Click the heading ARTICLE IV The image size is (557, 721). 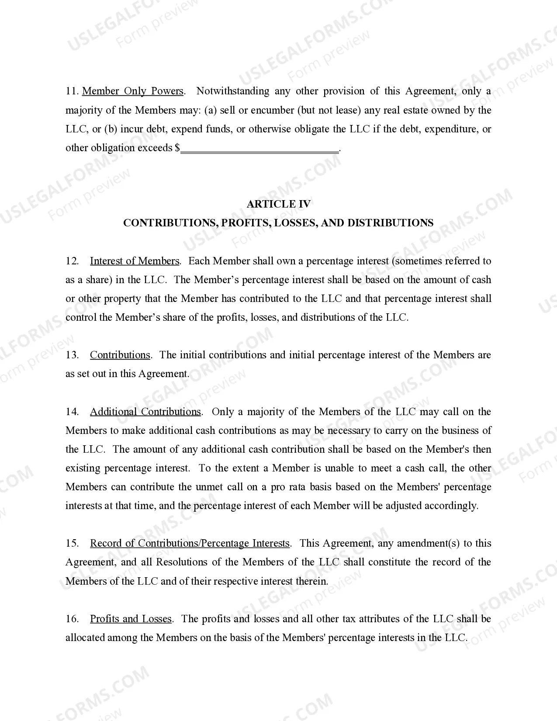(x=278, y=204)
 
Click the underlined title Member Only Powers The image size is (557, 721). (x=133, y=91)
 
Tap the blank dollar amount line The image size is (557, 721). (x=259, y=149)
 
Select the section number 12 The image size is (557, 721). (x=72, y=261)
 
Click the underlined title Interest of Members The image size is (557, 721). (x=135, y=261)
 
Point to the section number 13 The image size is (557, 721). (x=72, y=355)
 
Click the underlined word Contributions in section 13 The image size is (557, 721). (x=120, y=355)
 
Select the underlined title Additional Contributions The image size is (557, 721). (x=145, y=412)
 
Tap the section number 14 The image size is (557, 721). (x=72, y=412)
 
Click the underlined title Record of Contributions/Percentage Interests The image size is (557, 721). (x=190, y=544)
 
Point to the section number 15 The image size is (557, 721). (x=72, y=544)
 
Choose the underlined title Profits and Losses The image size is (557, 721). (x=131, y=619)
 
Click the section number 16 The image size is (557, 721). (x=72, y=619)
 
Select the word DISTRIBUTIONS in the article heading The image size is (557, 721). (x=390, y=223)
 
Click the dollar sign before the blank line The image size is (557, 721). (x=177, y=148)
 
